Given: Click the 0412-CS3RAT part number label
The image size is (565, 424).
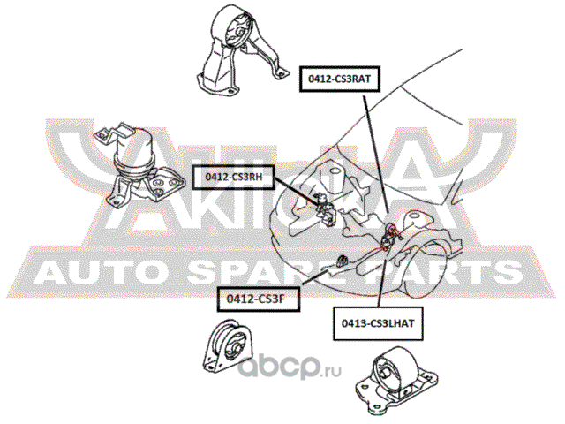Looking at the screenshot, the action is [x=339, y=79].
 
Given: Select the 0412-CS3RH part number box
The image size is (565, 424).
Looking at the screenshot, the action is [x=233, y=177].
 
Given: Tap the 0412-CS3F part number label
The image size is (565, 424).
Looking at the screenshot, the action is [x=258, y=299].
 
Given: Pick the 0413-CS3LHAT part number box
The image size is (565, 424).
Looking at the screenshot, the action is [x=378, y=323].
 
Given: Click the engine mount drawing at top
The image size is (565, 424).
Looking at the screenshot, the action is [x=242, y=50].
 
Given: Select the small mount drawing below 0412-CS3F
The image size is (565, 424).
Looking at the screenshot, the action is [x=227, y=345].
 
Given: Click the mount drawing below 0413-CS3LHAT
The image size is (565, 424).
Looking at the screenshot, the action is [x=396, y=376].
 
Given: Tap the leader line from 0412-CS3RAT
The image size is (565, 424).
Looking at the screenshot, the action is [x=375, y=152].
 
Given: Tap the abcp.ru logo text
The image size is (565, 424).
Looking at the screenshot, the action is [x=290, y=367].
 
